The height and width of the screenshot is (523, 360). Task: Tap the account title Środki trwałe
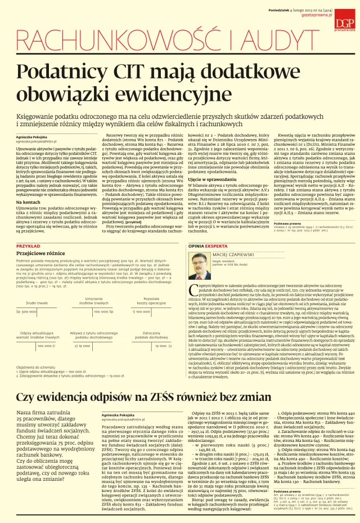pos(37,303)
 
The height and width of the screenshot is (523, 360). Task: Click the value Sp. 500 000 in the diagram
pos(26,311)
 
